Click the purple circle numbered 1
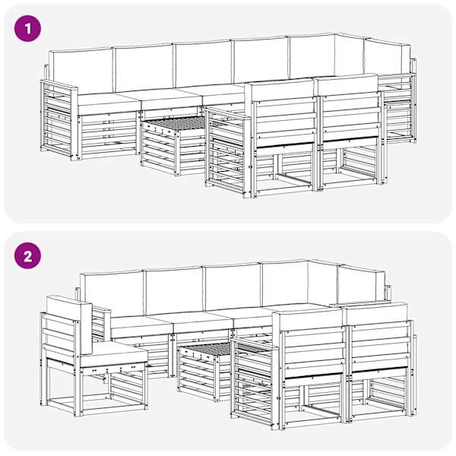tap(27, 29)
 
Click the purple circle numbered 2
tap(27, 256)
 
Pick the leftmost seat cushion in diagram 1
tap(107, 103)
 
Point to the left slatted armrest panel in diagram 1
tap(59, 119)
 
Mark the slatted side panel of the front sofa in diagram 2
tap(254, 382)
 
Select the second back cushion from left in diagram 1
tap(144, 68)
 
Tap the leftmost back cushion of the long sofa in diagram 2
tap(112, 293)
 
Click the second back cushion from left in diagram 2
tap(175, 290)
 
